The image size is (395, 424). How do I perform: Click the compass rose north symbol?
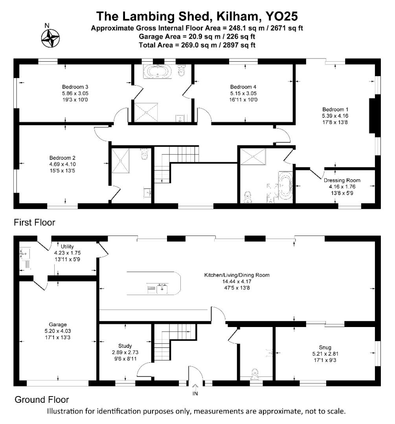tap(50, 38)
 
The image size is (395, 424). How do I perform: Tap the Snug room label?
tap(325, 347)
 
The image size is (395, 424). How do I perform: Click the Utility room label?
tap(67, 247)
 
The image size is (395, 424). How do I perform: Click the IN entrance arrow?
tap(195, 388)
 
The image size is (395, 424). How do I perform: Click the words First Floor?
tap(35, 223)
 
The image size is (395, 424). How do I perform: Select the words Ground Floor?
tap(42, 400)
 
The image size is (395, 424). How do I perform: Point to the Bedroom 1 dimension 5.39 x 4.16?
tap(335, 116)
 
